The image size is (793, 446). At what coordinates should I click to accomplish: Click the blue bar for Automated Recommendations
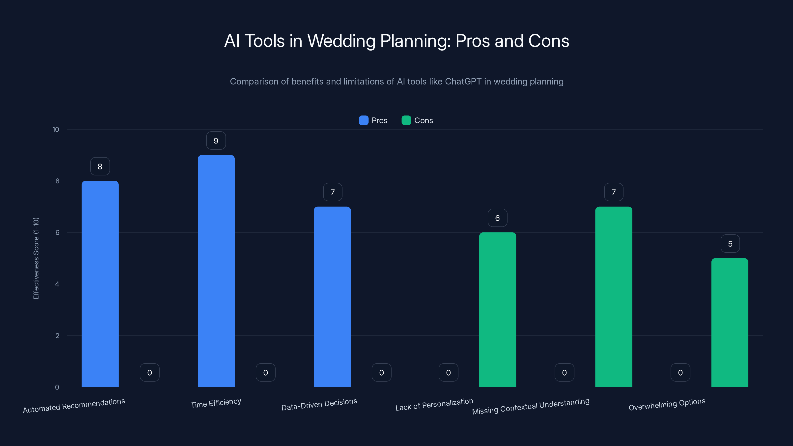100,283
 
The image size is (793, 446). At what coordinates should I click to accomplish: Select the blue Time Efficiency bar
216,271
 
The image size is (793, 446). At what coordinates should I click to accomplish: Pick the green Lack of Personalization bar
497,309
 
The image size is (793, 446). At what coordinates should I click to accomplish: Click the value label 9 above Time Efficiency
216,141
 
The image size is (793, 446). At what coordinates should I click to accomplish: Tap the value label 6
497,218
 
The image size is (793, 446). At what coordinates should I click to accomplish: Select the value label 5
730,244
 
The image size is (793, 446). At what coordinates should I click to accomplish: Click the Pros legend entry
373,120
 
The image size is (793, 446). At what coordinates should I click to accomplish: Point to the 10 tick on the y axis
56,129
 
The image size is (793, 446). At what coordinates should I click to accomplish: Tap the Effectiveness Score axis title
36,258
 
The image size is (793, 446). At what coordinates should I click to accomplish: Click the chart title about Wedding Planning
396,41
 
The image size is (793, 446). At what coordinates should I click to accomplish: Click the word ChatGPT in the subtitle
463,82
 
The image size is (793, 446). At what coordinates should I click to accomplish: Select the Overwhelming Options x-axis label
667,404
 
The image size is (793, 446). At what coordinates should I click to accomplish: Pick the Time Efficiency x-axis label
216,403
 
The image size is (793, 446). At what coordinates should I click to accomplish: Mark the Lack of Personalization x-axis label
434,404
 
